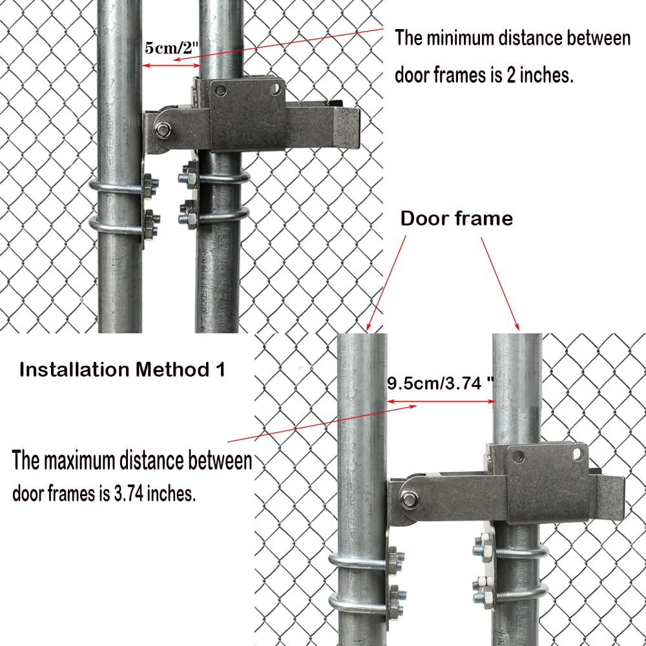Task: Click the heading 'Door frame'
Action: tap(457, 218)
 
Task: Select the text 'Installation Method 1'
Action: tap(123, 370)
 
